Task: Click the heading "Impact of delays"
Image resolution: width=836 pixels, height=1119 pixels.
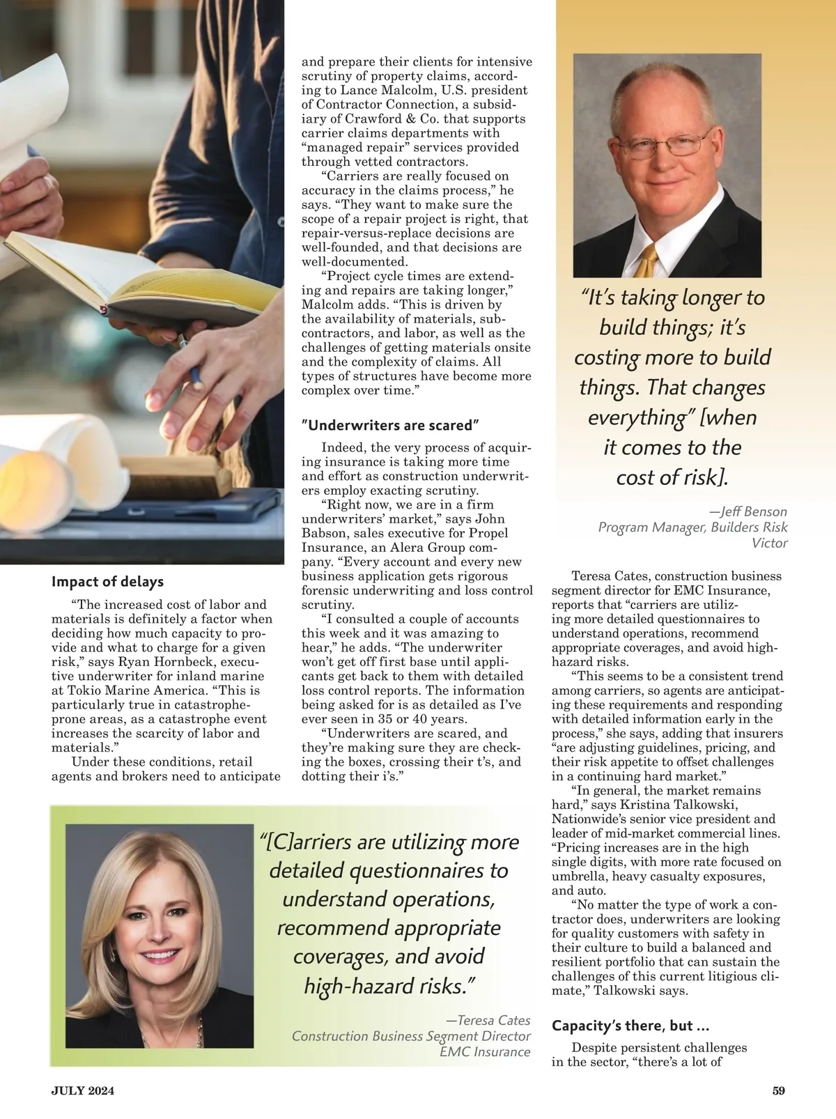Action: click(107, 582)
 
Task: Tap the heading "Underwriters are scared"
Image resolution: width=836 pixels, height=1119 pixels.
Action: click(391, 424)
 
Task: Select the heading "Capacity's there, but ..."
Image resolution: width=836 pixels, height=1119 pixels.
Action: click(630, 1026)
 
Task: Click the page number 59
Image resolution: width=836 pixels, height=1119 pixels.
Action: click(779, 1091)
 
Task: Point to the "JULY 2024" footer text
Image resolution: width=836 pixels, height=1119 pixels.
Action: click(82, 1091)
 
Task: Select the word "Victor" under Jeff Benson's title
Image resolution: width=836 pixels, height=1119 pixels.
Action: click(770, 543)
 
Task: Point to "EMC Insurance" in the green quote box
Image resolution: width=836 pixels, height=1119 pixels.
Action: click(485, 1052)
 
